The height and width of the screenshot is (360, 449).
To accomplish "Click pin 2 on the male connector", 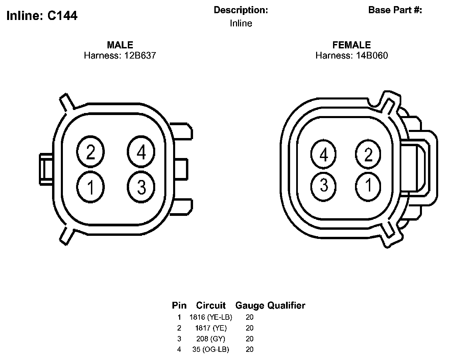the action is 90,152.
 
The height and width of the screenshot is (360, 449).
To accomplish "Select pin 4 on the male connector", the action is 141,152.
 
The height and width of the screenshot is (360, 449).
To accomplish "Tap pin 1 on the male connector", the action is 90,187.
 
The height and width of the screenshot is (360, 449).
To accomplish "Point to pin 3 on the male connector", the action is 141,187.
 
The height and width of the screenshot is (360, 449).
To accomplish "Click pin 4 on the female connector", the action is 324,154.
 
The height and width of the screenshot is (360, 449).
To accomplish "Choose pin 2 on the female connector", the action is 368,154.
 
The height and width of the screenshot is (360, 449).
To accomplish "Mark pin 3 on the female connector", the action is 324,186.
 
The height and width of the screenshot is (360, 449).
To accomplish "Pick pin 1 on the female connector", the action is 368,186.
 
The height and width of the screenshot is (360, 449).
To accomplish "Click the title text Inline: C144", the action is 42,16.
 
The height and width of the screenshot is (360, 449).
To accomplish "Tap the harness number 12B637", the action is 140,55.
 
